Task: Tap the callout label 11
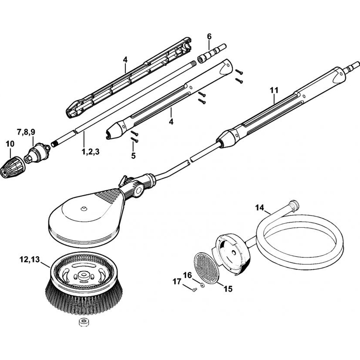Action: (274, 90)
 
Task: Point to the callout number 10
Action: (10, 144)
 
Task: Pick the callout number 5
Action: (133, 156)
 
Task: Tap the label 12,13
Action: (30, 258)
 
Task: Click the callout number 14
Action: (260, 207)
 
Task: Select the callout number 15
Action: (228, 288)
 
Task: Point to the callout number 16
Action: (187, 275)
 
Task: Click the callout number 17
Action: (176, 282)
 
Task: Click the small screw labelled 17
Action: (193, 290)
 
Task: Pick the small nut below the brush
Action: (84, 322)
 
